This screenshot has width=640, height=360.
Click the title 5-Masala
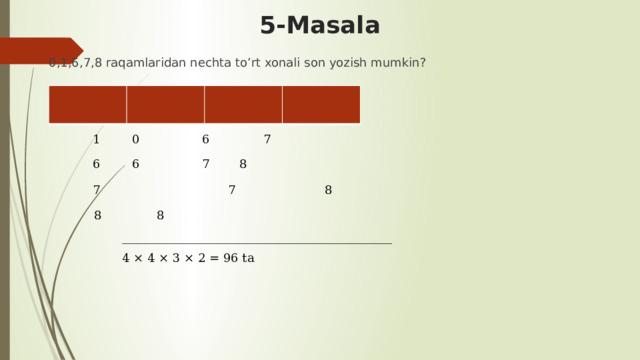pos(319,25)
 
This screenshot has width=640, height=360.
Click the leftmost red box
pos(87,105)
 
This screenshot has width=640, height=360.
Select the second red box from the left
pos(165,105)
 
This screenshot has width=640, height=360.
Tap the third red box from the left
pos(243,105)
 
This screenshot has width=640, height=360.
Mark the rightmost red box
pos(321,105)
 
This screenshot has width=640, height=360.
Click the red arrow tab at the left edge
pos(40,50)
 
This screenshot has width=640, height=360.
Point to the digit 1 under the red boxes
pos(96,140)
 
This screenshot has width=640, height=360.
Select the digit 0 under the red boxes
pos(135,140)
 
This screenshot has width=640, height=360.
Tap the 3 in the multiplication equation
pos(174,259)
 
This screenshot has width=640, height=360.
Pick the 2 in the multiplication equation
pos(199,259)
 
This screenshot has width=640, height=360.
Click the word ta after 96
pos(248,259)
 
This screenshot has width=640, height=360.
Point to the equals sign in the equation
pos(213,259)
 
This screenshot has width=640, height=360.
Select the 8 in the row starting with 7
pos(328,190)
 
